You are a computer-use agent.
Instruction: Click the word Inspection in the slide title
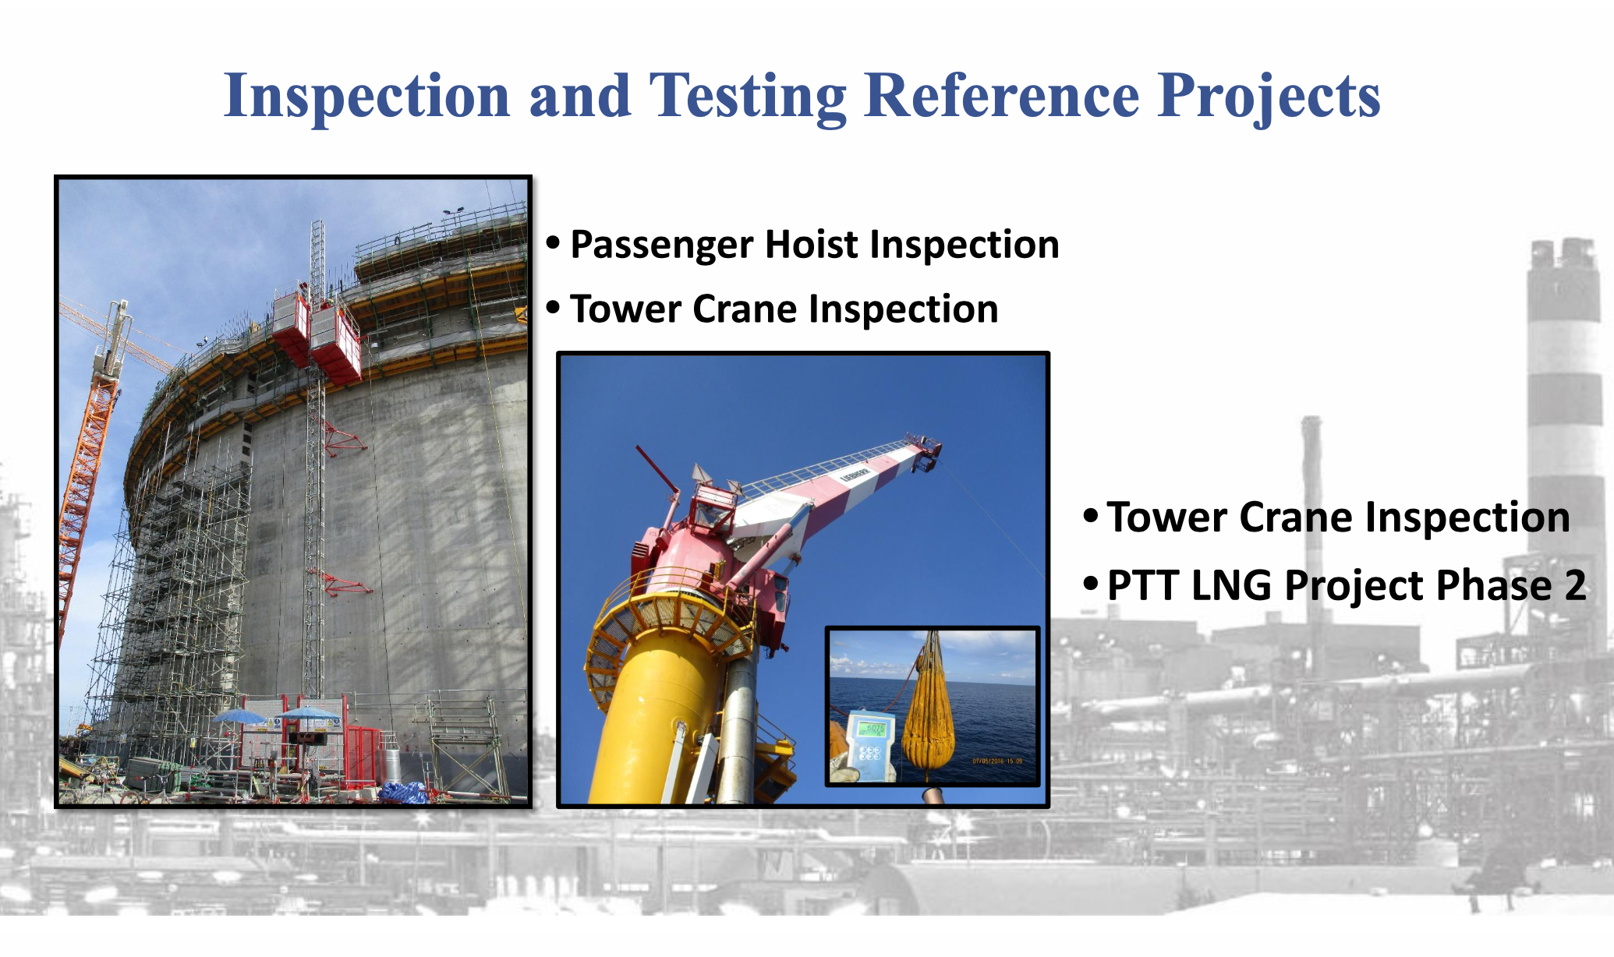tap(366, 97)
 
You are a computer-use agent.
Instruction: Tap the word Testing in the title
tap(748, 97)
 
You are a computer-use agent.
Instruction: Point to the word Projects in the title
tap(1269, 97)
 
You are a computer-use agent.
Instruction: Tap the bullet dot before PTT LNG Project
tap(1091, 583)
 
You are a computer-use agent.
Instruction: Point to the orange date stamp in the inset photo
tap(997, 761)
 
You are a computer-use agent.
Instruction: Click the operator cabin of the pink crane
tap(711, 507)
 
